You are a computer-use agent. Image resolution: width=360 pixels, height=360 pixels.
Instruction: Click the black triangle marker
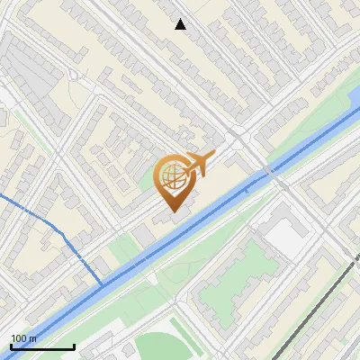click(181, 25)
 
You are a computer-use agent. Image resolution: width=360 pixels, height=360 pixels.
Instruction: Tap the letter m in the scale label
click(33, 338)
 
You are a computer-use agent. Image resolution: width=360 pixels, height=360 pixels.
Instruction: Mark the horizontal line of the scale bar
click(42, 346)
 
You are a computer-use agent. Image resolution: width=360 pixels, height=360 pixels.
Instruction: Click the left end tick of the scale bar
click(11, 345)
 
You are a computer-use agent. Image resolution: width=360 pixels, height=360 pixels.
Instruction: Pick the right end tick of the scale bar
click(74, 345)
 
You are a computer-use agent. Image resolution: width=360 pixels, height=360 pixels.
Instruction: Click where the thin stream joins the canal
click(101, 284)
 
